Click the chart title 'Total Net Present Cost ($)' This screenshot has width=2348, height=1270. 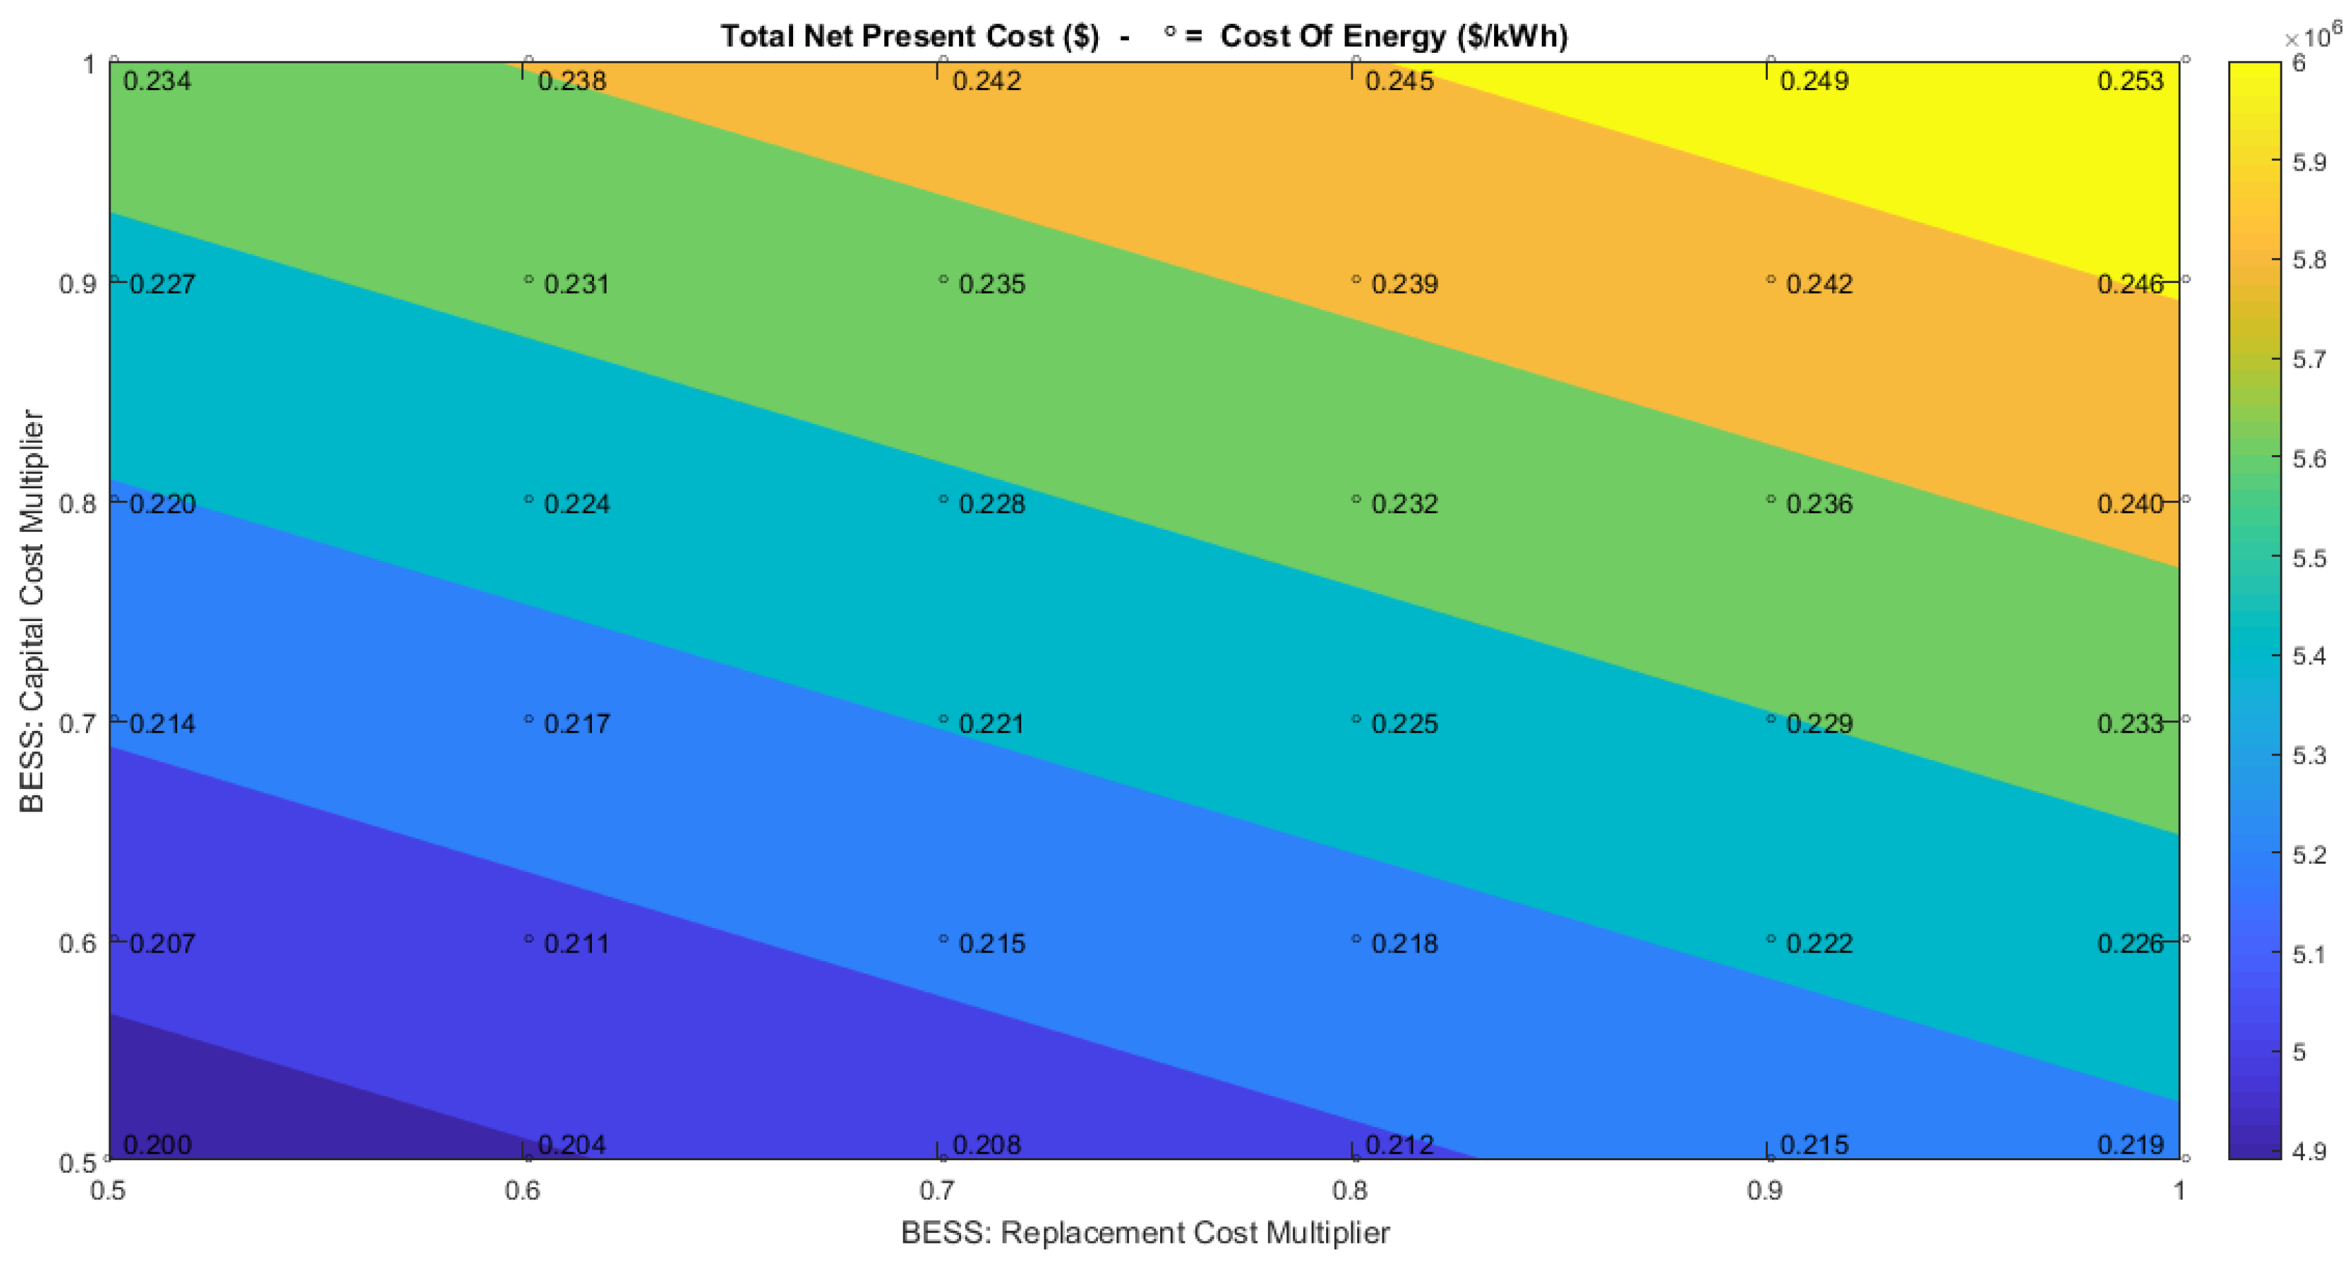(x=909, y=36)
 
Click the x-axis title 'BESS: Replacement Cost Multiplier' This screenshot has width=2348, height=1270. (x=1145, y=1232)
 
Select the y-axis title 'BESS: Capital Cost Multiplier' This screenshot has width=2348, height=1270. (x=32, y=610)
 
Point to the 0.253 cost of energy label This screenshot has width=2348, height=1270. (x=2129, y=81)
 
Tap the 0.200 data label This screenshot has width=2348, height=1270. (x=157, y=1144)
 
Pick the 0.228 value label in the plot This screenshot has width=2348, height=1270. (x=991, y=504)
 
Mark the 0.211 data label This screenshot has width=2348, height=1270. (x=576, y=944)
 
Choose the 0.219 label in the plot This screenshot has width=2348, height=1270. (x=2129, y=1144)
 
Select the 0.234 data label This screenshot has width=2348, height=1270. (x=157, y=81)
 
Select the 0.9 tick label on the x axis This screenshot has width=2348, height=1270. (x=1765, y=1191)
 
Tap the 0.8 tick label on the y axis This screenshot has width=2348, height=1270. (x=77, y=504)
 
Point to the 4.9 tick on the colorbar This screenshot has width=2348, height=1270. (x=2309, y=1152)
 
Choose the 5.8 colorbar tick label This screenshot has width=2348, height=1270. (x=2309, y=261)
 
